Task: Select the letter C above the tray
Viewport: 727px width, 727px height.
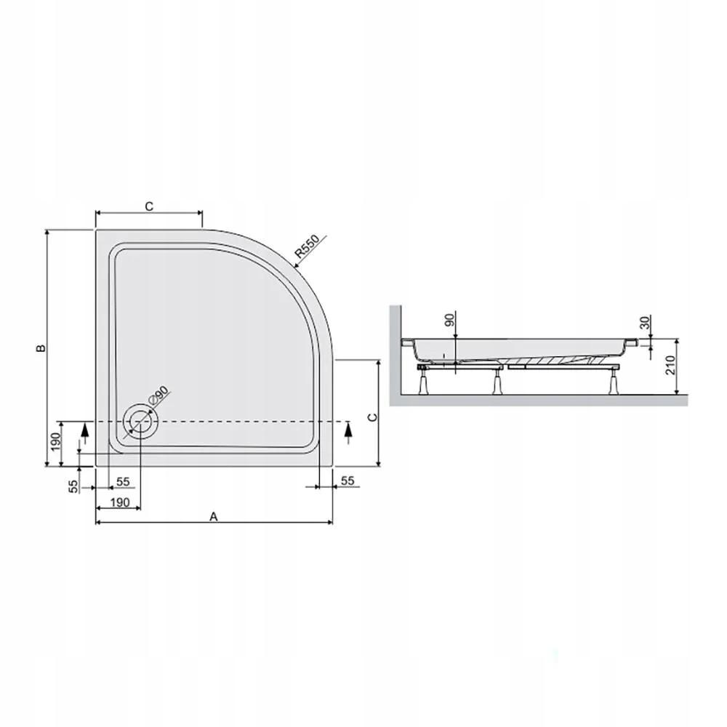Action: [148, 206]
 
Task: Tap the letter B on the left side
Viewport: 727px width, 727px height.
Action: [41, 349]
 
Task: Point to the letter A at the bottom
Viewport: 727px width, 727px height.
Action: [213, 516]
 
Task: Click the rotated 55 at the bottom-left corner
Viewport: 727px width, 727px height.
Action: [73, 487]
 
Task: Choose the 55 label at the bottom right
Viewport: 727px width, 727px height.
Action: [347, 481]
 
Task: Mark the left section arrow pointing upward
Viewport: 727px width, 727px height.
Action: [84, 433]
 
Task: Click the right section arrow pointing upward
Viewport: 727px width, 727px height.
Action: [347, 433]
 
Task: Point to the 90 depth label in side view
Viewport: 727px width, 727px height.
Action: [449, 319]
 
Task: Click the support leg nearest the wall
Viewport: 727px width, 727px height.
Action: [422, 381]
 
